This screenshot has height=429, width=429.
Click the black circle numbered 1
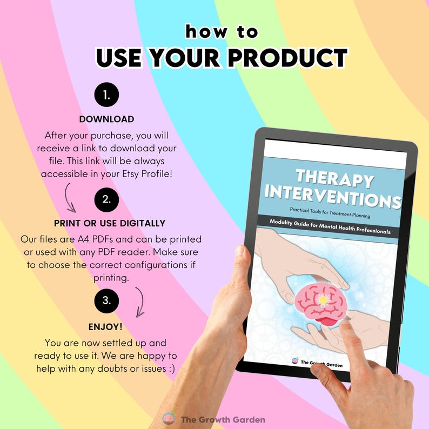pyautogui.click(x=106, y=96)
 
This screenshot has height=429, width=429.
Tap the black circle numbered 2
pyautogui.click(x=106, y=199)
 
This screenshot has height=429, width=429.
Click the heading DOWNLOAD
pyautogui.click(x=106, y=119)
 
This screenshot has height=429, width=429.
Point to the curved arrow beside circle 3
pyautogui.click(x=140, y=301)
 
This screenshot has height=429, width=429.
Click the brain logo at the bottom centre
pyautogui.click(x=169, y=419)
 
